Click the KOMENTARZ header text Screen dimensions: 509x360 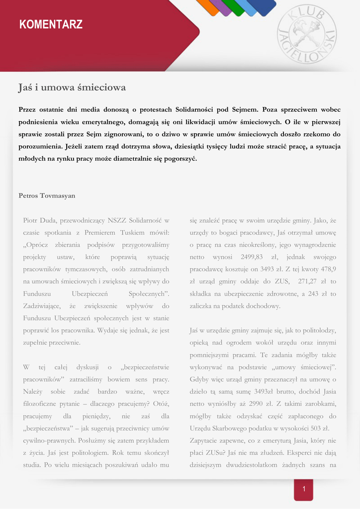pyautogui.click(x=51, y=24)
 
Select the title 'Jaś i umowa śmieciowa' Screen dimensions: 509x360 pyautogui.click(x=72, y=88)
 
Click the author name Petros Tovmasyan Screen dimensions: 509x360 pyautogui.click(x=47, y=195)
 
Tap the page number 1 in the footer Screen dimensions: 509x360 pyautogui.click(x=303, y=490)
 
